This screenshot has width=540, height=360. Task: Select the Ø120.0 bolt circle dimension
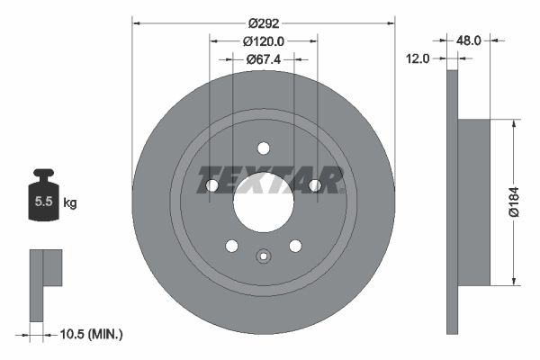tap(263, 41)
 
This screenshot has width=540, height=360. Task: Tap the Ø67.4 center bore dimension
tap(263, 59)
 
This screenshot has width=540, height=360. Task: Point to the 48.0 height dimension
tap(469, 40)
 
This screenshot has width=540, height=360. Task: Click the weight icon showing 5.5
tap(42, 198)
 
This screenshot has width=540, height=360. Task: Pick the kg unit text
tap(70, 203)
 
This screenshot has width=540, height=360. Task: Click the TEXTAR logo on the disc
tap(270, 180)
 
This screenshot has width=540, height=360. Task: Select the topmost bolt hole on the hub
tap(263, 148)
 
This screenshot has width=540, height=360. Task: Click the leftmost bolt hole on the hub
tap(212, 185)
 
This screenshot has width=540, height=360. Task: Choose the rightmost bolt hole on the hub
tap(314, 185)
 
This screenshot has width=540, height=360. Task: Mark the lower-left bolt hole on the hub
tap(231, 245)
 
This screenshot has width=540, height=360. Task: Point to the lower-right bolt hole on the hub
tap(294, 245)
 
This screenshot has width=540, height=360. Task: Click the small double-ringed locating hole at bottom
tap(263, 256)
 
